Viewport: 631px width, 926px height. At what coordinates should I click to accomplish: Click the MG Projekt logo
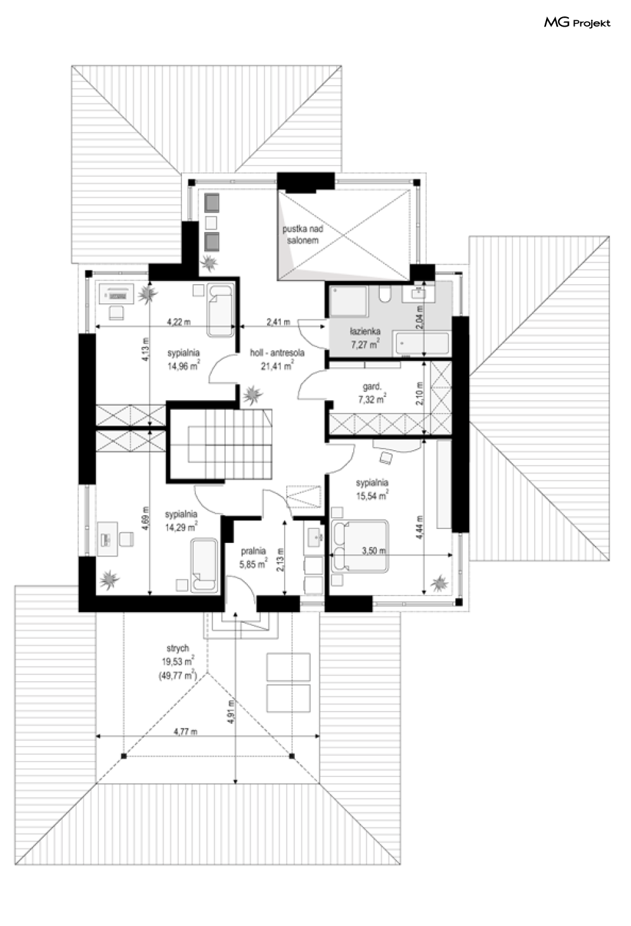(x=577, y=23)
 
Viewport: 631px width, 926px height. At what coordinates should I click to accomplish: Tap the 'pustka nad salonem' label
(x=302, y=235)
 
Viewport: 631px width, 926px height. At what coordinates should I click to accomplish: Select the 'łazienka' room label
(x=365, y=331)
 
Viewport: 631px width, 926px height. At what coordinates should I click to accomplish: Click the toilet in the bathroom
(x=386, y=294)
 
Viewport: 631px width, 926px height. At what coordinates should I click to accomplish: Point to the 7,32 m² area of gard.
(x=372, y=399)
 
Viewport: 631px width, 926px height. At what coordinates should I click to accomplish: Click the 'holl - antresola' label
(x=277, y=353)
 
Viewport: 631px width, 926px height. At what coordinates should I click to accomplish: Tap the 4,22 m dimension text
(x=179, y=321)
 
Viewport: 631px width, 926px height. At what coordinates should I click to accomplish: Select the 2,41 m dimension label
(x=278, y=321)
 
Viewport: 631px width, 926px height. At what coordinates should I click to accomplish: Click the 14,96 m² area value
(x=183, y=365)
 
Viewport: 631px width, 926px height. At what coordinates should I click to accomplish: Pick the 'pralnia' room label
(x=253, y=551)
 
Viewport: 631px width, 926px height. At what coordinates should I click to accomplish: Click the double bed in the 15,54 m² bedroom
(x=360, y=547)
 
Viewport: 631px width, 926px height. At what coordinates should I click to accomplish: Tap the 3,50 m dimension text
(x=374, y=551)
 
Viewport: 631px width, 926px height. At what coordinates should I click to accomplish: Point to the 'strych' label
(x=178, y=648)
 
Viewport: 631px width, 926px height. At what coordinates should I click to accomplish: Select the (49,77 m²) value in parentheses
(x=178, y=675)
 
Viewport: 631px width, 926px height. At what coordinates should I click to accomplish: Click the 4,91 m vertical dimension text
(x=231, y=711)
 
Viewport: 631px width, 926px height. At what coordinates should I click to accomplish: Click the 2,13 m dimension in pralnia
(x=280, y=559)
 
